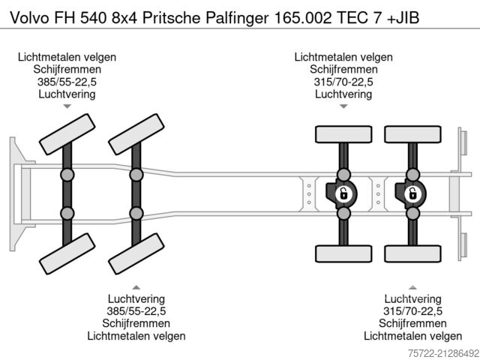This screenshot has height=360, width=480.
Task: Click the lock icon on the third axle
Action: pos(343,193)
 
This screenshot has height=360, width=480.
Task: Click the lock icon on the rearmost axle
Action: pos(412,193)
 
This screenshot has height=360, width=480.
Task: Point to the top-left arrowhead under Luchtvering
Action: pos(67,106)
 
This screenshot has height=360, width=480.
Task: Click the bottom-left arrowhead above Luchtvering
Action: pos(136,287)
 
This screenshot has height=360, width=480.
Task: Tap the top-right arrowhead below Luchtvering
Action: pos(343,106)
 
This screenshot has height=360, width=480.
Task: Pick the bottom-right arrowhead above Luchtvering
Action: pos(412,287)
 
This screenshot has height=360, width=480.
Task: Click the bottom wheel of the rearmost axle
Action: pos(412,254)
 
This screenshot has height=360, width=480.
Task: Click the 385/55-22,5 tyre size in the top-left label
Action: pos(67,82)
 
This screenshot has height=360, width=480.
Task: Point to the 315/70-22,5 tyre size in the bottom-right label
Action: pos(412,310)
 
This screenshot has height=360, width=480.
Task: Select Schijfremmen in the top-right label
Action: pos(343,69)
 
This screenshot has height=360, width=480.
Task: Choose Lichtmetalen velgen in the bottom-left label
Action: pos(136,336)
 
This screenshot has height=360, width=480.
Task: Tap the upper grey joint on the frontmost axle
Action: pos(67,175)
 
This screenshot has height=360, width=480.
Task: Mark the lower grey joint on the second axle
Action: pos(136,213)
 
